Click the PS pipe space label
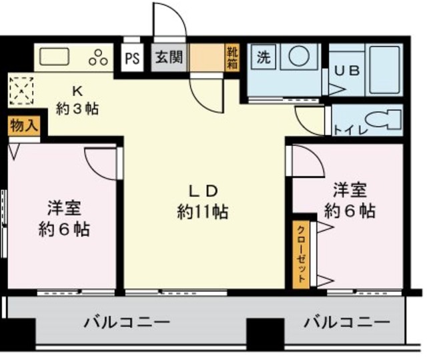coord(132,58)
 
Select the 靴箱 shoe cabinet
coord(232,58)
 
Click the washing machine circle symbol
coord(295,57)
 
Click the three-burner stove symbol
coord(99,57)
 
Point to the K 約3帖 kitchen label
coord(77,100)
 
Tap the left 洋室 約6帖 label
coord(63,219)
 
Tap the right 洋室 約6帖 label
coord(349,201)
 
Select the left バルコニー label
coord(126,324)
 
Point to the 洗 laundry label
coord(264,57)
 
